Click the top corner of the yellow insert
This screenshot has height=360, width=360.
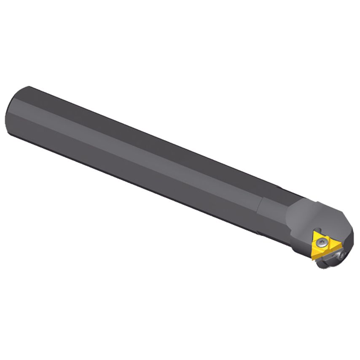[317, 231]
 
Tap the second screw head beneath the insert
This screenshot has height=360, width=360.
[342, 255]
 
